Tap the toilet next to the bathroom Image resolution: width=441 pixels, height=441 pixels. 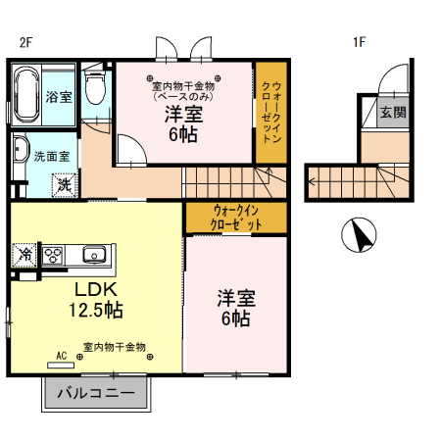[x=95, y=89]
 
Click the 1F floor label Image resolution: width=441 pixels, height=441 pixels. [x=360, y=42]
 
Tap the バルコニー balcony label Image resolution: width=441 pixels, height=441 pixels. [x=95, y=395]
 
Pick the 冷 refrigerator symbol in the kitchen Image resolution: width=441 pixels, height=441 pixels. [x=24, y=255]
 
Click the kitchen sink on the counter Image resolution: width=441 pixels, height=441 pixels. [x=95, y=255]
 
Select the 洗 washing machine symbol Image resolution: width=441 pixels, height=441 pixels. [x=64, y=183]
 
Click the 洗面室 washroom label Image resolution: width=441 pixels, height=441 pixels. [x=51, y=156]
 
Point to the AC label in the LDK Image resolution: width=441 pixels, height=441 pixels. [x=61, y=356]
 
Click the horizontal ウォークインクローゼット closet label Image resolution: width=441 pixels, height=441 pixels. [x=236, y=218]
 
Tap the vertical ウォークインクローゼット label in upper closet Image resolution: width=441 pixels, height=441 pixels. [x=269, y=113]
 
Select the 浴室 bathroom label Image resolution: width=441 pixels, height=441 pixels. [x=59, y=96]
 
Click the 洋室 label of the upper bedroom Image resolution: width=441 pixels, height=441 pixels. [x=183, y=114]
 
